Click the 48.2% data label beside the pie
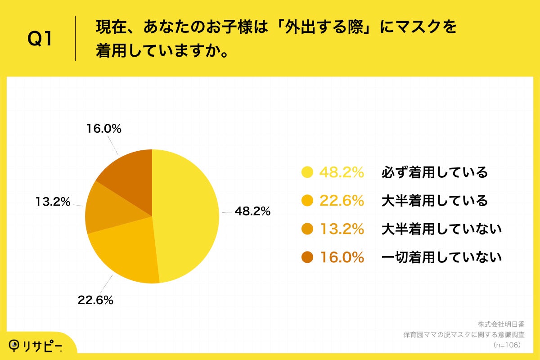point(252,211)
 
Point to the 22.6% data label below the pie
point(95,301)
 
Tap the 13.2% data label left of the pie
point(53,202)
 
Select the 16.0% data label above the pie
point(103,129)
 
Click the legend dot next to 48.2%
point(307,172)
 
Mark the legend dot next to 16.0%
point(307,257)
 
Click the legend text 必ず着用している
point(434,172)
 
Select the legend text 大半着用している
point(434,201)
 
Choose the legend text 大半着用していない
point(441,229)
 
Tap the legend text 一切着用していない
point(441,257)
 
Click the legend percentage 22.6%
point(342,201)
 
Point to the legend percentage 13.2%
point(342,229)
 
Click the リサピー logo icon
point(15,345)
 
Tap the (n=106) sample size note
point(507,345)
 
